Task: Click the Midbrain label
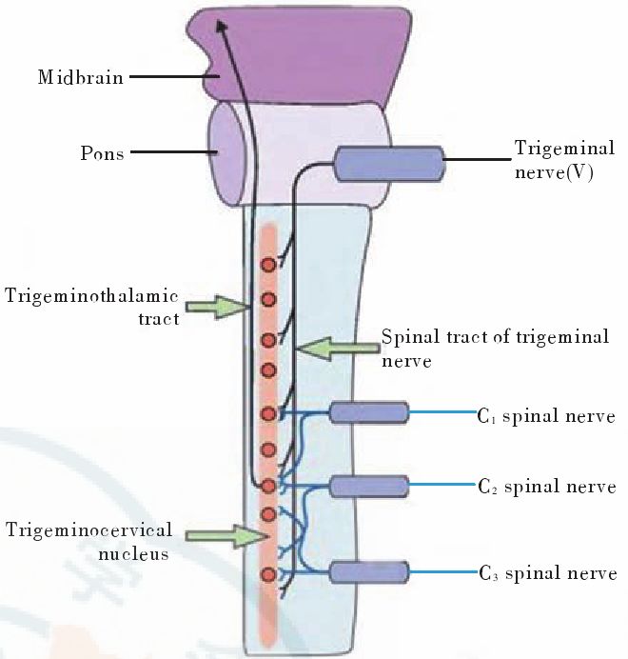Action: coord(81,77)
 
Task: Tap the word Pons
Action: coord(101,152)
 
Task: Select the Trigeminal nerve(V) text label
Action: coord(564,161)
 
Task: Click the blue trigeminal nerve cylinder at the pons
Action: coord(388,165)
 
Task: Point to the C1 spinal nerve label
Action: coord(546,416)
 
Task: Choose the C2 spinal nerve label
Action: coord(546,488)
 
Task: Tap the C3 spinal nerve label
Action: coord(546,573)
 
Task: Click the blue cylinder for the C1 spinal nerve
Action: coord(369,413)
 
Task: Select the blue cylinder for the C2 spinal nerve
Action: coord(369,486)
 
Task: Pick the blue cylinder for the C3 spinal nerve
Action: coord(369,572)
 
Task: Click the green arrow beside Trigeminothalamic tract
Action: coord(216,306)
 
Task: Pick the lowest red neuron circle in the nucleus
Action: coord(268,574)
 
